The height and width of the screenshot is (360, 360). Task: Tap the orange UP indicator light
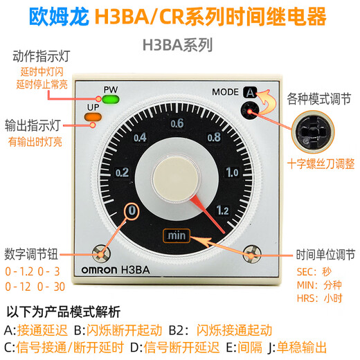(x=91, y=116)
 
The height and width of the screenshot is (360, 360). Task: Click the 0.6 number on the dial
(x=177, y=105)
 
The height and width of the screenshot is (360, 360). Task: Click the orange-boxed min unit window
(x=174, y=235)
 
